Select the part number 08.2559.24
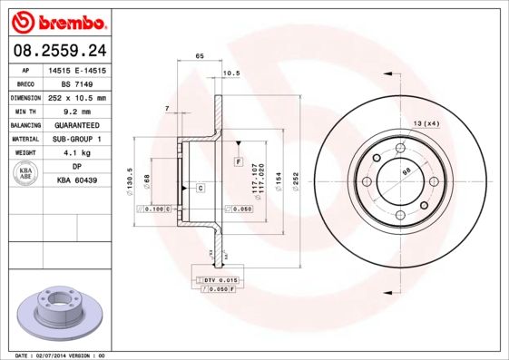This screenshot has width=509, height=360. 55,51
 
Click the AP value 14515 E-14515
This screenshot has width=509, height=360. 78,69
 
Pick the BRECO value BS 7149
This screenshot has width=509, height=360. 77,83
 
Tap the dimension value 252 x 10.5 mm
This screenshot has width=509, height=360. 77,97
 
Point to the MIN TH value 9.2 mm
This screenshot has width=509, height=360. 77,111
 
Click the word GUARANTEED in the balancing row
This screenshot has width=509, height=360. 77,124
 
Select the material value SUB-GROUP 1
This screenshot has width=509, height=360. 77,139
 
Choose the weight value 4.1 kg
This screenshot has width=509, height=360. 77,152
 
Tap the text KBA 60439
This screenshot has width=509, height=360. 77,180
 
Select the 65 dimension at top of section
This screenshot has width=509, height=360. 200,56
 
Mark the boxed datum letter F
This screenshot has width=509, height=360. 238,161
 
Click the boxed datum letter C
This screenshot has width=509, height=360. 200,188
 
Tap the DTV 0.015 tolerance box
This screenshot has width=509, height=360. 218,280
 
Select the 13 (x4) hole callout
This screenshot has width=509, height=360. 426,122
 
